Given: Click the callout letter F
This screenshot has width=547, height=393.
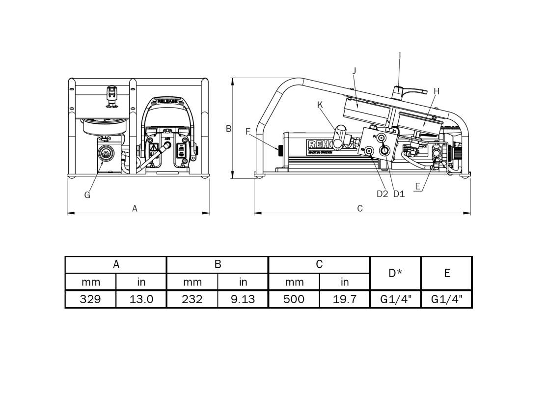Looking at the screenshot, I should (248, 131).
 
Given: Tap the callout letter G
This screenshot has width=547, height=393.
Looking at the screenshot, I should (87, 195).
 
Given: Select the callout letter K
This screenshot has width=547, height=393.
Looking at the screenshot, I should (320, 104).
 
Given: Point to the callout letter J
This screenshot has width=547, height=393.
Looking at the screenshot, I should (354, 71).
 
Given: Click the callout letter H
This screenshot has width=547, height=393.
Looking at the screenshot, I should (437, 91).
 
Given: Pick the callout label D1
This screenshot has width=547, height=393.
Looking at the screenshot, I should (399, 194).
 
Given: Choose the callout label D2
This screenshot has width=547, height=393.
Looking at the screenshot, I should (383, 194).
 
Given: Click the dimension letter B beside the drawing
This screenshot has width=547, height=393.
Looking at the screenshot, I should (228, 129).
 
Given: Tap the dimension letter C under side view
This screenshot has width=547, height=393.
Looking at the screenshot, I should (360, 208).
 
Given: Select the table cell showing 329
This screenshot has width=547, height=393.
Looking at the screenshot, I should (90, 299).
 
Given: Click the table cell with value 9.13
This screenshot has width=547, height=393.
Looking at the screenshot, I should (243, 299).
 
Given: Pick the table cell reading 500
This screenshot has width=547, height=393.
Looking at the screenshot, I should (294, 299).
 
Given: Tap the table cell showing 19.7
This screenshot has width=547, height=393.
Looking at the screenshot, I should (345, 299).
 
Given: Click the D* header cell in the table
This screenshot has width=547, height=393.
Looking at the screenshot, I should (395, 273).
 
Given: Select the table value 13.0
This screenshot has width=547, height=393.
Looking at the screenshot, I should (141, 299).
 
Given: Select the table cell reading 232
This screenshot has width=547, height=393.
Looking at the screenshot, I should (192, 299).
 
